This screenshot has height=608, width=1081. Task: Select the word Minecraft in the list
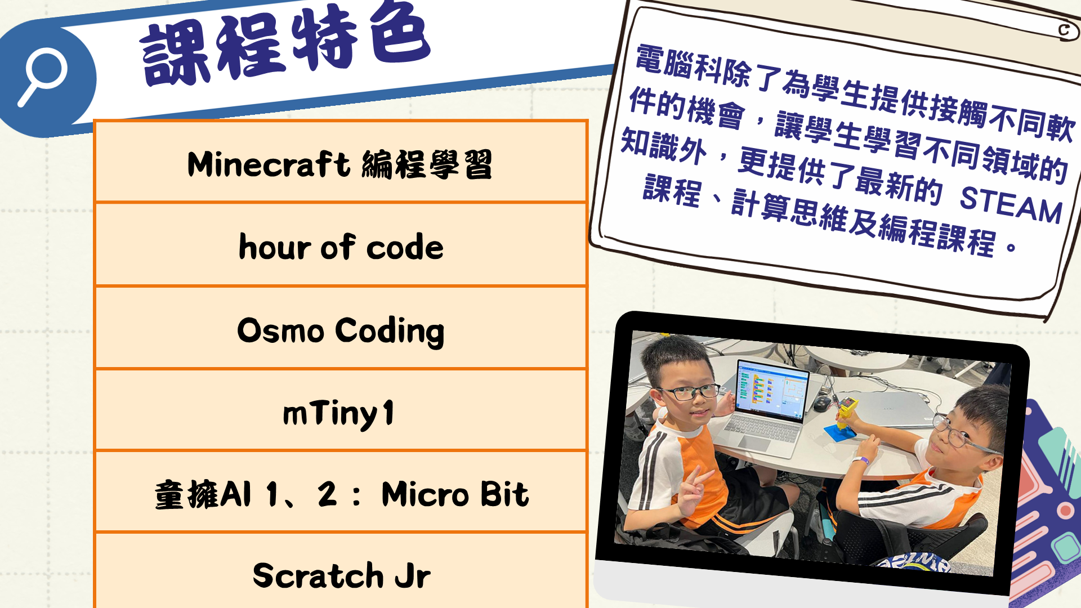click(269, 164)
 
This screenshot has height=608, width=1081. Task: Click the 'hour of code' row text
click(341, 247)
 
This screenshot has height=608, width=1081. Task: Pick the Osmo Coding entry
click(341, 331)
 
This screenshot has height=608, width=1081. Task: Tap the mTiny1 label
click(338, 414)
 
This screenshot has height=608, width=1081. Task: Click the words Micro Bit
click(455, 494)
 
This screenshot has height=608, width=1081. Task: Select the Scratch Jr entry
click(342, 575)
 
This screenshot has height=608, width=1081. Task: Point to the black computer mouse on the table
click(821, 403)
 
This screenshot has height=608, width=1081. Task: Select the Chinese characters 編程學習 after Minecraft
click(427, 164)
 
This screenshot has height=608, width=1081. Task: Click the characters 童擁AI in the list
click(203, 495)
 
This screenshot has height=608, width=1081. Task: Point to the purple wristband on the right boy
click(860, 461)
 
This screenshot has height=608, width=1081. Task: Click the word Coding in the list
click(390, 331)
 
